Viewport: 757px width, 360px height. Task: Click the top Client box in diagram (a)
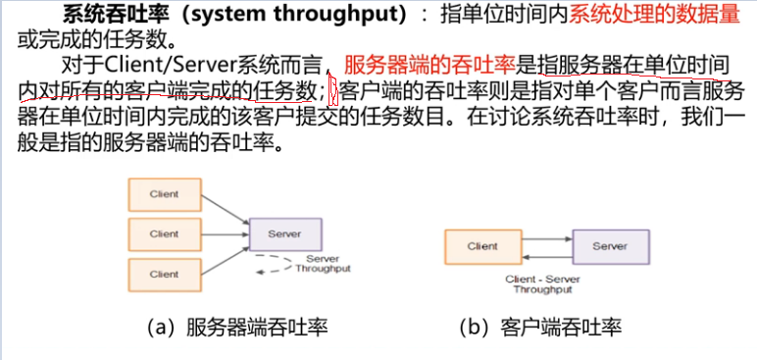click(x=164, y=194)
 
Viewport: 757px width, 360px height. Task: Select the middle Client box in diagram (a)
click(x=164, y=234)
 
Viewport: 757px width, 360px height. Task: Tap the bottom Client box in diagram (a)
click(x=164, y=275)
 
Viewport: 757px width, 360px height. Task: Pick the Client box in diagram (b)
click(x=480, y=246)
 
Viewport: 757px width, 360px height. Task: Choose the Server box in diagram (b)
click(x=609, y=246)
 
